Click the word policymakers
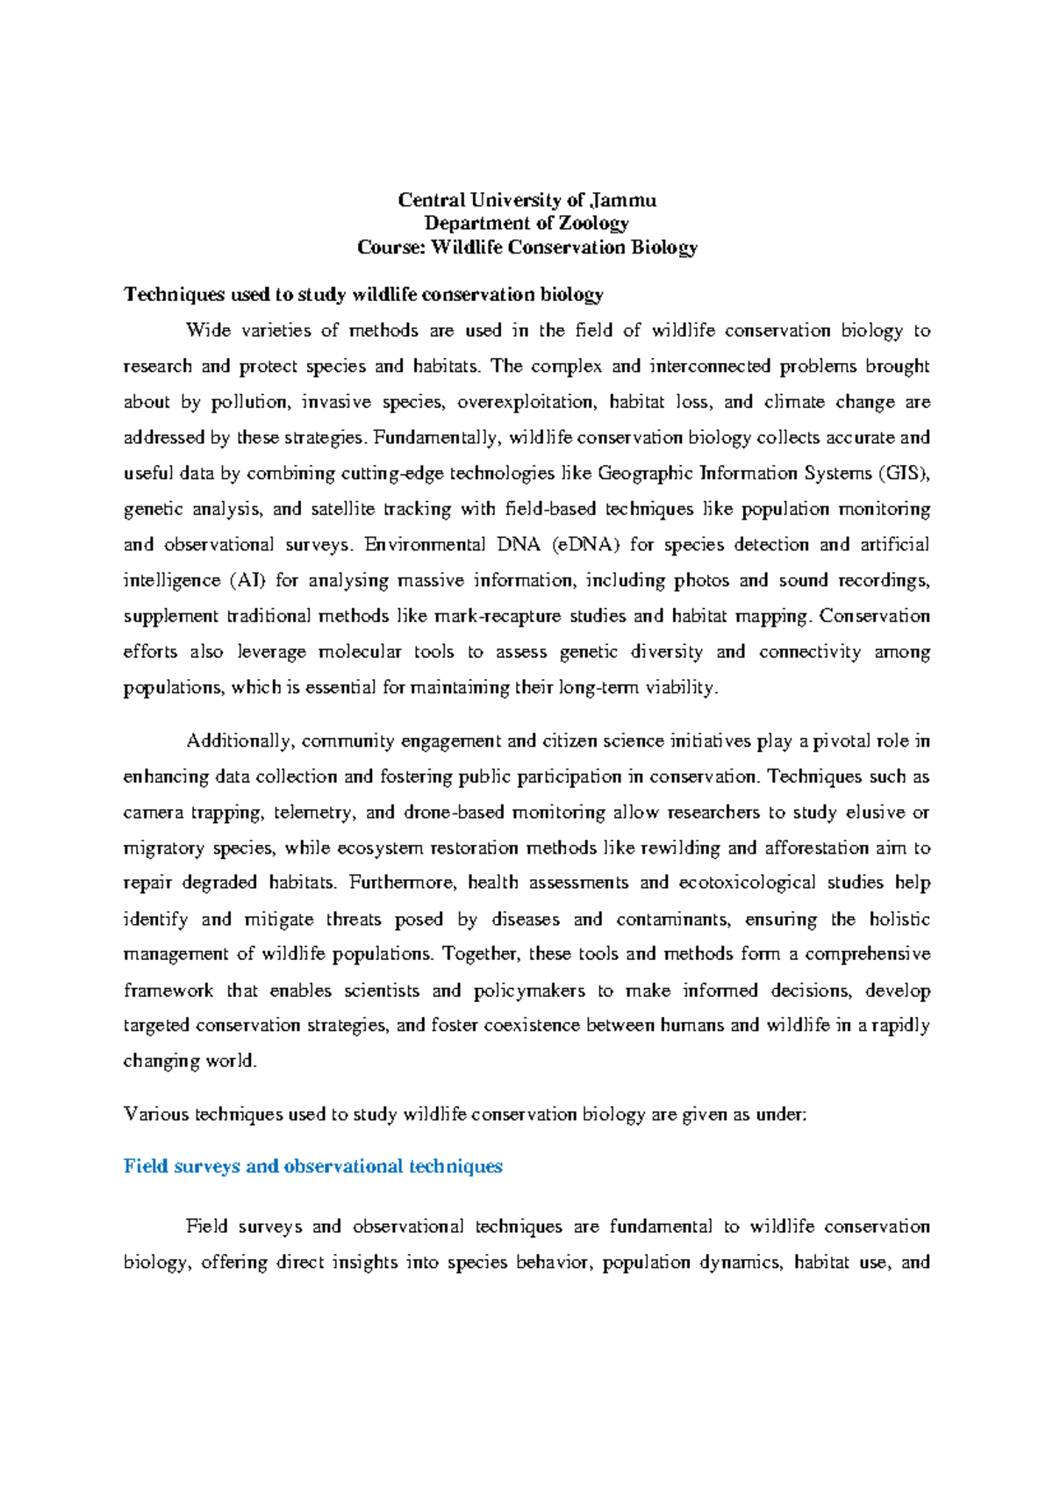(x=528, y=991)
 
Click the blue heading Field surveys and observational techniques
(x=313, y=1167)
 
